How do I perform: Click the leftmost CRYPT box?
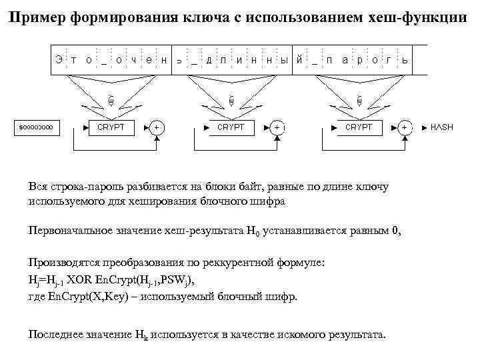pyautogui.click(x=111, y=127)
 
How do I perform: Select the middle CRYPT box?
pyautogui.click(x=231, y=127)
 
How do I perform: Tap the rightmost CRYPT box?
pyautogui.click(x=358, y=127)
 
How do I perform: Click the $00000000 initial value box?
pyautogui.click(x=38, y=127)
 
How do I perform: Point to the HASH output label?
pyautogui.click(x=441, y=127)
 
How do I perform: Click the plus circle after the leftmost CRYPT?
pyautogui.click(x=157, y=127)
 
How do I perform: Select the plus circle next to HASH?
pyautogui.click(x=404, y=127)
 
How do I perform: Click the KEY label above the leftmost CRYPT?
pyautogui.click(x=111, y=100)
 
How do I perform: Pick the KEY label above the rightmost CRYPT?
pyautogui.click(x=359, y=100)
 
